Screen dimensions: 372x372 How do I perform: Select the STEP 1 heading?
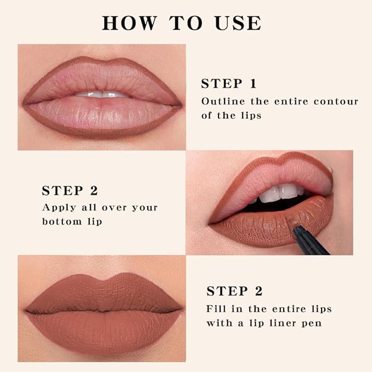228,84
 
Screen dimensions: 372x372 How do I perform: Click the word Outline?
222,101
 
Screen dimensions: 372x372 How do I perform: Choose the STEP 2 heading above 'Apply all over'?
70,191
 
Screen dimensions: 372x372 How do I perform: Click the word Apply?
58,208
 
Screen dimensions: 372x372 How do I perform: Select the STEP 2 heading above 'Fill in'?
234,291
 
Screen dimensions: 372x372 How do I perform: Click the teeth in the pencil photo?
279,192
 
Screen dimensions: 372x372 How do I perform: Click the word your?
145,208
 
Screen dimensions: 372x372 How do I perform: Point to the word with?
218,323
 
